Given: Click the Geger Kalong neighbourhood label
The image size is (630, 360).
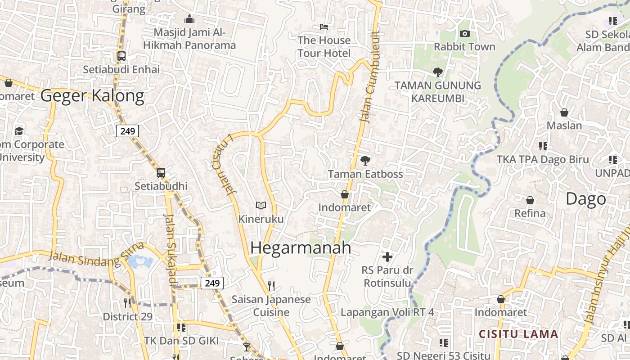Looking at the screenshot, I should [92, 96].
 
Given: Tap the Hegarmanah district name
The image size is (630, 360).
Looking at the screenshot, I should [301, 247].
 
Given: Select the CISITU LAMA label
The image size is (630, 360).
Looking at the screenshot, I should [518, 334].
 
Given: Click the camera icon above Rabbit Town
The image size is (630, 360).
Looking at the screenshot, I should [464, 33].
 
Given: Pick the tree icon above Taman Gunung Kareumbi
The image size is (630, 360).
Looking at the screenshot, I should [437, 72].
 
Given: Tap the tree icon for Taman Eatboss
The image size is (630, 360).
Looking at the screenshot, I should [365, 160].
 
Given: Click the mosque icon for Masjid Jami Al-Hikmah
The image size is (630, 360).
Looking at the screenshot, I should [189, 19].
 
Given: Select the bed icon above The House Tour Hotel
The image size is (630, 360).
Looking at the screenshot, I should [324, 27].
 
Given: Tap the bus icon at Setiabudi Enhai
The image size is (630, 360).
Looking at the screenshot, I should [121, 56].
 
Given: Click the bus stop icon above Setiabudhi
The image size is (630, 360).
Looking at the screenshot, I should [161, 173].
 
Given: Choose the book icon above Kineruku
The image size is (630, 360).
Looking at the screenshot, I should [261, 206].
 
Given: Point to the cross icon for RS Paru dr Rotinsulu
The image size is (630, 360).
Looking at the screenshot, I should [387, 257].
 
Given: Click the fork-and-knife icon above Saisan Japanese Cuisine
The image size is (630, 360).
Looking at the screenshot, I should [271, 286].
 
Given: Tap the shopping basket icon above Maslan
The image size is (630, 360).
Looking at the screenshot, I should [564, 112].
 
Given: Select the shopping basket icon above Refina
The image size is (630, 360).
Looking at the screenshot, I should [530, 200].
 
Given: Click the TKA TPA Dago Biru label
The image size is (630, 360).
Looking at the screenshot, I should [543, 159].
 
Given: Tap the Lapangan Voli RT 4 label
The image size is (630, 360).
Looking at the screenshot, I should [387, 312].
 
